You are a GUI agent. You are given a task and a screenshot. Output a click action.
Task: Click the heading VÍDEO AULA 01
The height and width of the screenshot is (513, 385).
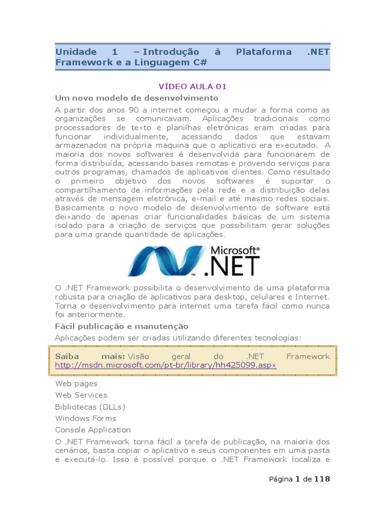point(192,86)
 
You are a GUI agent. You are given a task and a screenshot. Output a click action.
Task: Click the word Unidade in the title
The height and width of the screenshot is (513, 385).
point(75,52)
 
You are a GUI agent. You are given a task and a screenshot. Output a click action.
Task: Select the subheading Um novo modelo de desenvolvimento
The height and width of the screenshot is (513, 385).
point(136,98)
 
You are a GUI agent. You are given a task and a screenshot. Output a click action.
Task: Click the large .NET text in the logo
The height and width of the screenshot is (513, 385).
point(234,266)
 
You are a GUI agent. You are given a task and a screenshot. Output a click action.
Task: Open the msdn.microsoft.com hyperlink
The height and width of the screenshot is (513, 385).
point(165,366)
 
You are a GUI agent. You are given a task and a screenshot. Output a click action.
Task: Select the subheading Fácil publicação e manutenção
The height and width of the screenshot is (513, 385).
point(121,326)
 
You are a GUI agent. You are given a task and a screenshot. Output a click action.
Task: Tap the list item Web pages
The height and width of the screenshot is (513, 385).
point(76,384)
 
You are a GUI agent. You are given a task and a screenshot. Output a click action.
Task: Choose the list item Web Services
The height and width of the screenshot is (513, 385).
point(81,395)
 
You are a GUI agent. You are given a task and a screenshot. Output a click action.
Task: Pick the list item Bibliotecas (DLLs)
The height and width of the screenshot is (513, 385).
point(90,407)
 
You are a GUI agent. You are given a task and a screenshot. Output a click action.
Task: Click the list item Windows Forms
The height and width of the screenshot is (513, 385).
point(85,418)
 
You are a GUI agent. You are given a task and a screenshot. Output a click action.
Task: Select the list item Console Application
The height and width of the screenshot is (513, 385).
point(93,430)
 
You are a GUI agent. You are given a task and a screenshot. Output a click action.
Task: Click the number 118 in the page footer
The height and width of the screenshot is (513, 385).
point(322,479)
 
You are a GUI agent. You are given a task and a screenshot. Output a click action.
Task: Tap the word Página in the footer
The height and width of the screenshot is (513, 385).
point(281,479)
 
